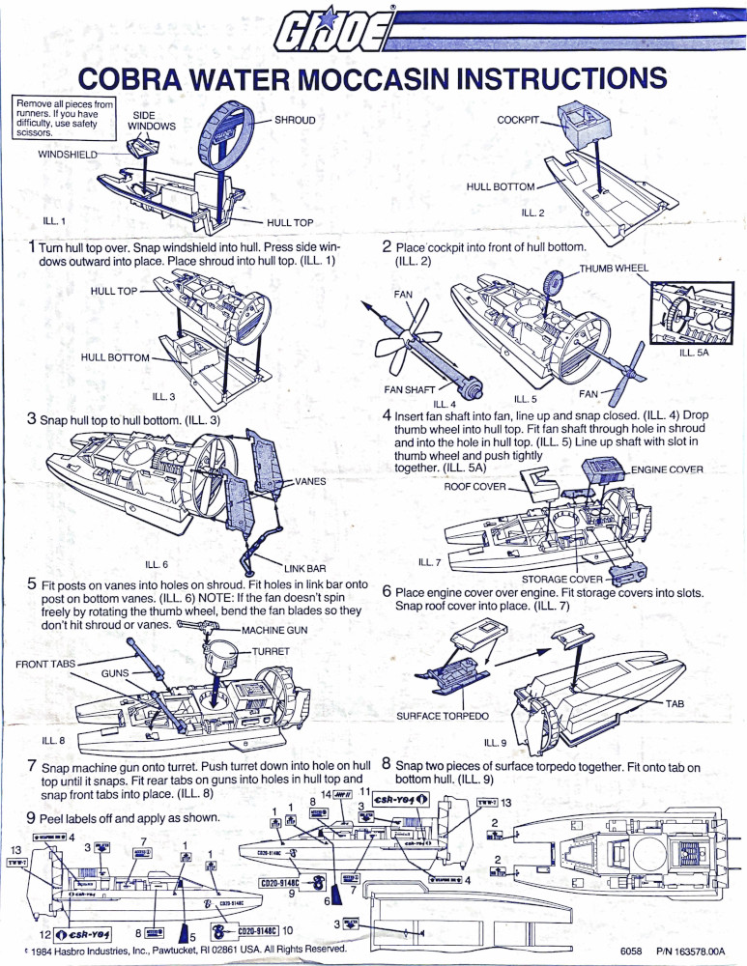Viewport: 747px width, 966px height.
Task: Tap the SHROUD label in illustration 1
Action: (295, 120)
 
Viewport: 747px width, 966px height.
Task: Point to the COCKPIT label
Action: (518, 120)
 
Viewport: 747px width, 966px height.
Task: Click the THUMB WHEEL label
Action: (614, 268)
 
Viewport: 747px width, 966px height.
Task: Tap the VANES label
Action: (311, 480)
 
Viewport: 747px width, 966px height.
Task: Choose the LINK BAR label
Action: (302, 568)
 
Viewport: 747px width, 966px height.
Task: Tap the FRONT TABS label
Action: (45, 664)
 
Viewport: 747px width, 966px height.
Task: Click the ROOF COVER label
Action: (474, 487)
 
